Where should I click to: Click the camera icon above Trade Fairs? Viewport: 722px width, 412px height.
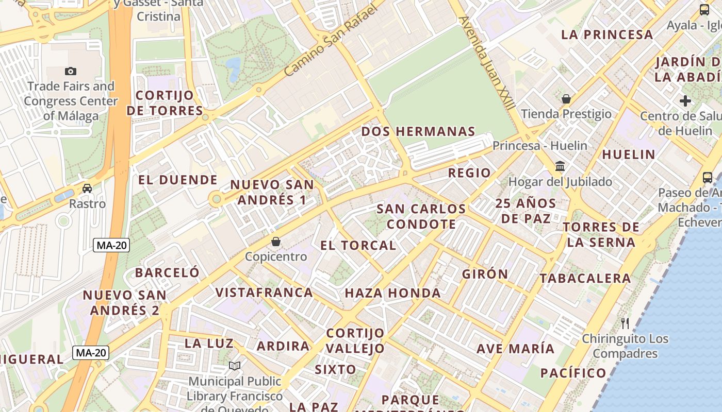71,71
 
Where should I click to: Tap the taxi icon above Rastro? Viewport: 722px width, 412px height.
87,188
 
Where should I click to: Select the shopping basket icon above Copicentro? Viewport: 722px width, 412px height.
276,242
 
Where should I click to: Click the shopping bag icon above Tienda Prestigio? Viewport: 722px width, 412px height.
566,99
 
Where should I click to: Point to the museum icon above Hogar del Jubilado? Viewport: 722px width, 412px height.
560,166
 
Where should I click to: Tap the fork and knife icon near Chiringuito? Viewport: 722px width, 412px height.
625,323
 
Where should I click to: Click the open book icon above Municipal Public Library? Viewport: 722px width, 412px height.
235,366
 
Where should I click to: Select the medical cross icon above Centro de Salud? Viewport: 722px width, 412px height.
685,101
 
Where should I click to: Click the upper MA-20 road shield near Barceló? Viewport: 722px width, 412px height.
111,245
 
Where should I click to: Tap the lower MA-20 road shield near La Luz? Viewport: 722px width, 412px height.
91,353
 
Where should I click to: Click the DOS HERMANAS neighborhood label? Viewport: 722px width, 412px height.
418,131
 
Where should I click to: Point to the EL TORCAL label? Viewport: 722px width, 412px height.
358,245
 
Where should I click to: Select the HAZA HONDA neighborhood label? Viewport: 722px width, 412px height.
392,293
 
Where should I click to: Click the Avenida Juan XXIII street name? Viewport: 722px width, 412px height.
487,63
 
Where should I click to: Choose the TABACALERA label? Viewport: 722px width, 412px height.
585,278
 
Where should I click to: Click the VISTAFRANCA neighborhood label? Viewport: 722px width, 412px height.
264,293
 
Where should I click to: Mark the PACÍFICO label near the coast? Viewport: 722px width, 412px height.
573,373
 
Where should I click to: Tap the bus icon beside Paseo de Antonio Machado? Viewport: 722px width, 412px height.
708,178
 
